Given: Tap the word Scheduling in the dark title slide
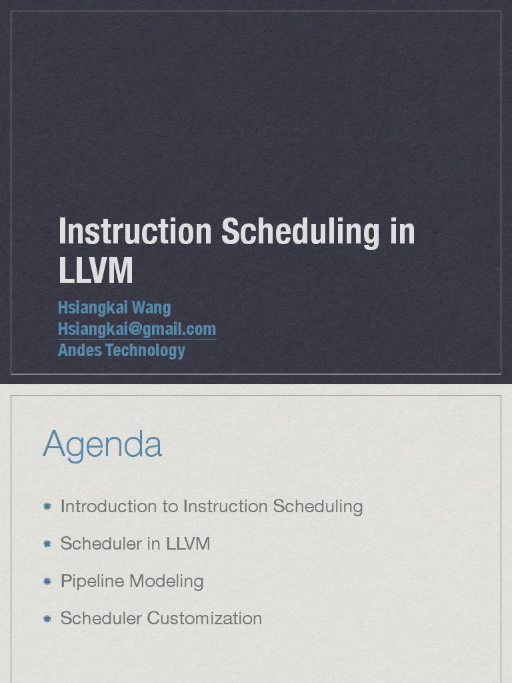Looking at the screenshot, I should pyautogui.click(x=300, y=231).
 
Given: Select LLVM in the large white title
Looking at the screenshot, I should pyautogui.click(x=96, y=270).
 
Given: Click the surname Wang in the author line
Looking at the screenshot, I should pyautogui.click(x=151, y=307).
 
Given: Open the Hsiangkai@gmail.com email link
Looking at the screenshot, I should pyautogui.click(x=137, y=329).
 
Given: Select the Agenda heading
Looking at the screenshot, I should pyautogui.click(x=103, y=444).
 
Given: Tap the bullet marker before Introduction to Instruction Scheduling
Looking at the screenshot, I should pyautogui.click(x=47, y=507).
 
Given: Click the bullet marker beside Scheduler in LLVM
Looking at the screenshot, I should pyautogui.click(x=47, y=544).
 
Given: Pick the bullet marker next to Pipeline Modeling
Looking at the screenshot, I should pyautogui.click(x=47, y=582).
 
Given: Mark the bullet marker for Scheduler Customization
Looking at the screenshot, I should pyautogui.click(x=47, y=619).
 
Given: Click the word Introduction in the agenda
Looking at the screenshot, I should pyautogui.click(x=109, y=506).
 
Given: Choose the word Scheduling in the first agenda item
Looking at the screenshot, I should pyautogui.click(x=318, y=506).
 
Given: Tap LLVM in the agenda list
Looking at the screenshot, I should pyautogui.click(x=188, y=544).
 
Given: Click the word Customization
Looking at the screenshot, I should pyautogui.click(x=204, y=618).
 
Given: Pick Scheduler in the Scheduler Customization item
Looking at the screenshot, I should pyautogui.click(x=101, y=618).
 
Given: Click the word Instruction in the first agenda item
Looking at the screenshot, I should pyautogui.click(x=225, y=506).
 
